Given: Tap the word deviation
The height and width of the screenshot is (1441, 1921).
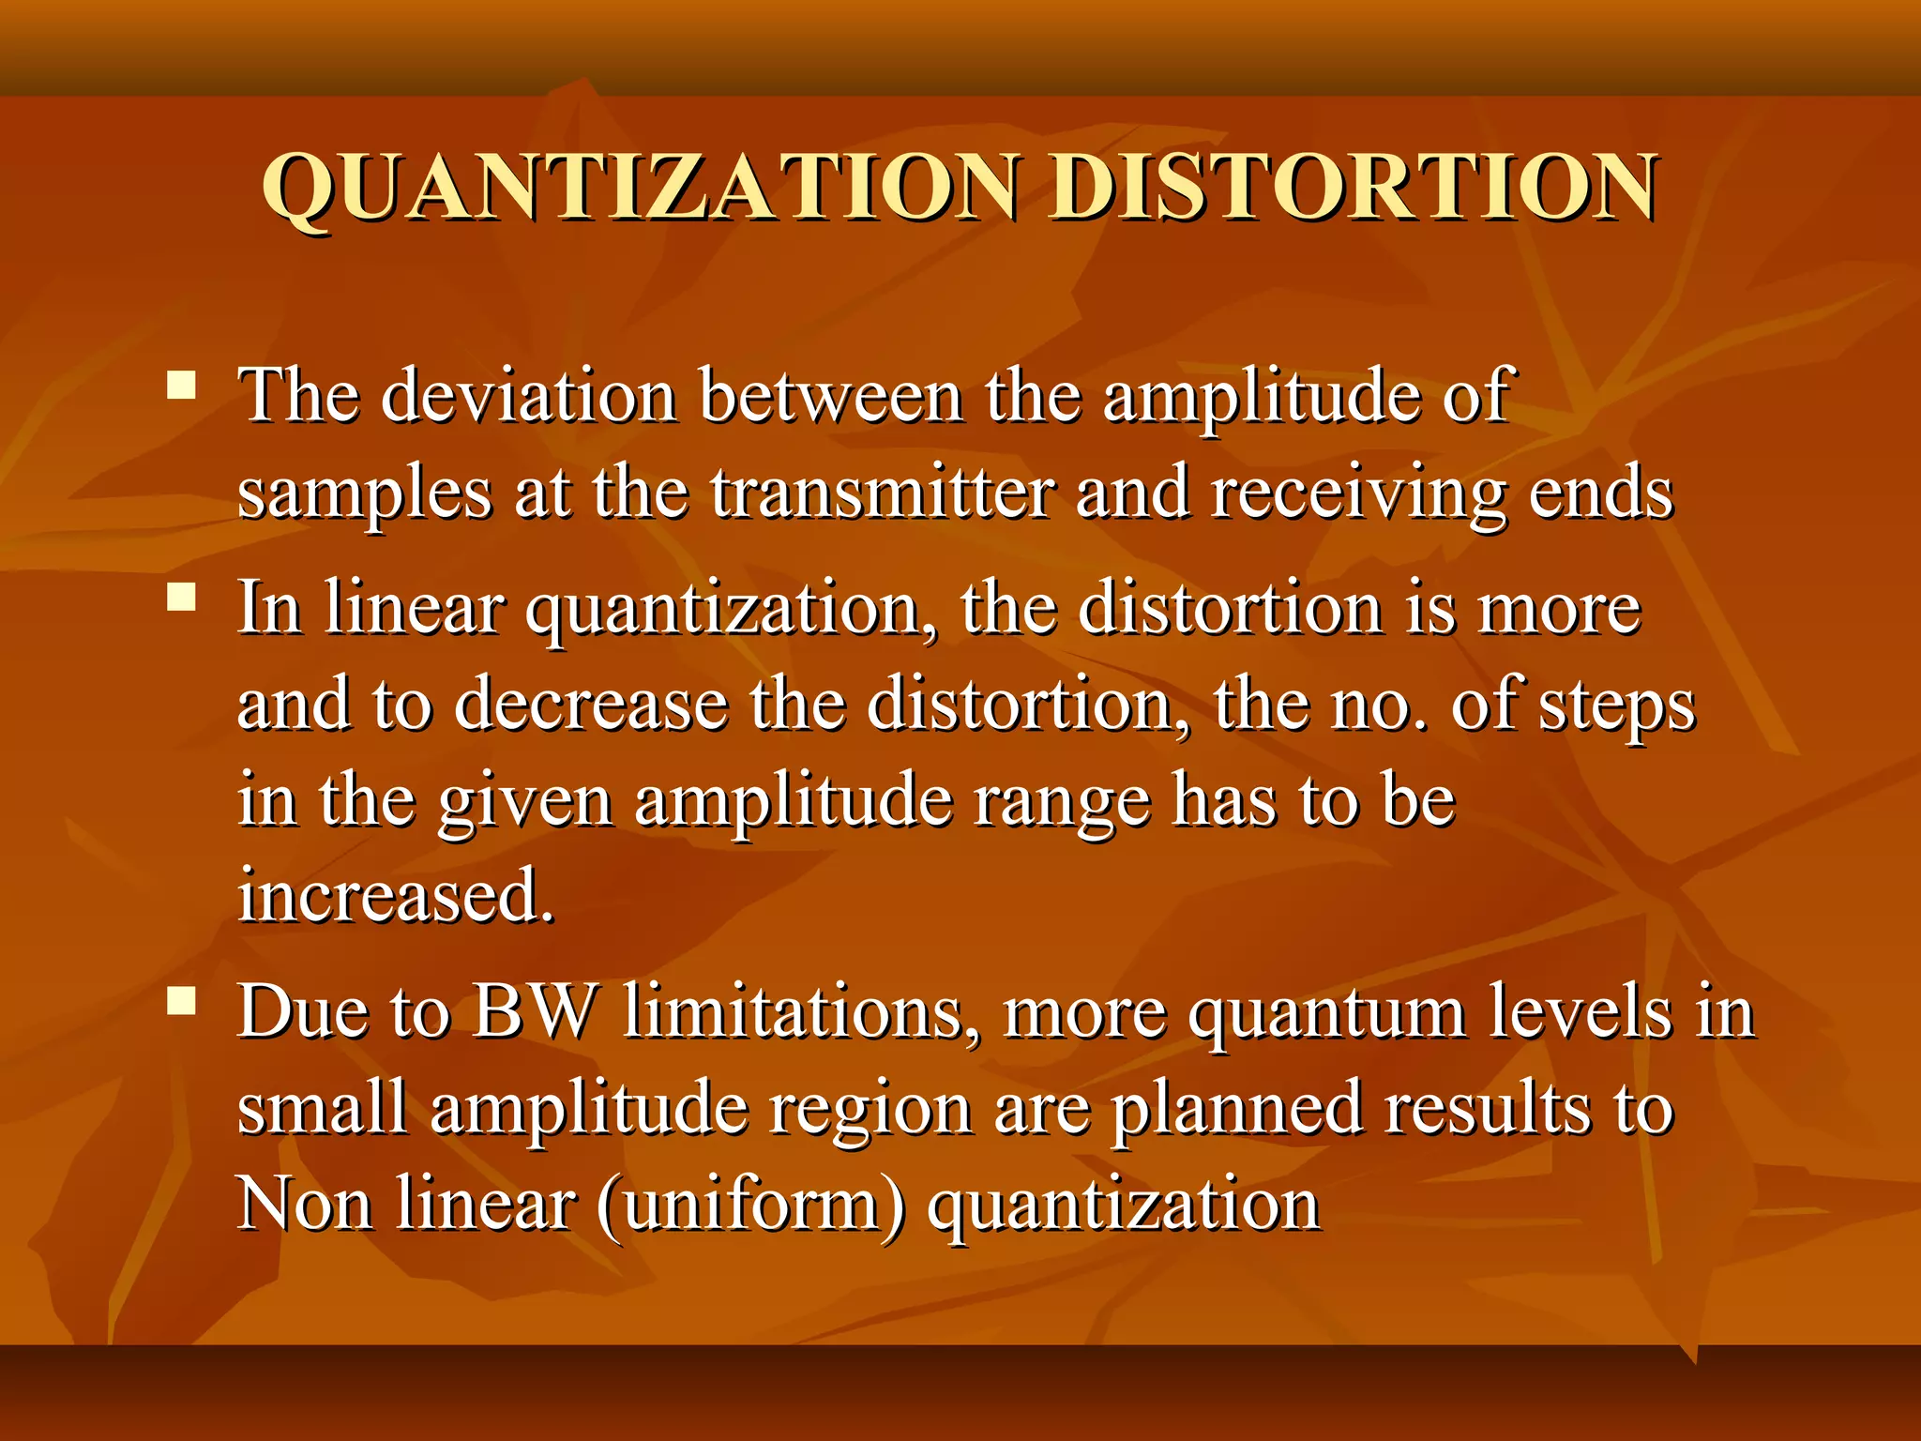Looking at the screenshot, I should [x=529, y=396].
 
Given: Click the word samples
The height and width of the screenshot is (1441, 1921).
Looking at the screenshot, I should [x=364, y=494].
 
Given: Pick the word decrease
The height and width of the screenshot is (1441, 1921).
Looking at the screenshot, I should [x=591, y=705].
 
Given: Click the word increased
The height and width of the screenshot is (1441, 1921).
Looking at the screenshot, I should [x=396, y=895].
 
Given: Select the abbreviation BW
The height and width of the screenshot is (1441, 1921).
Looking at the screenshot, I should [x=534, y=1012].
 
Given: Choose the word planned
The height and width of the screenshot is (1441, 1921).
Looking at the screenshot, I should [x=1236, y=1110].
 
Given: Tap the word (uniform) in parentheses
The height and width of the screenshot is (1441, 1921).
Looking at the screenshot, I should [x=750, y=1205].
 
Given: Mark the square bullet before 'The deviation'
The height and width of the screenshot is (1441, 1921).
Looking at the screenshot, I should [x=181, y=386].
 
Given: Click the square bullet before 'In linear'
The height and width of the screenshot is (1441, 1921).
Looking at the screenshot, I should [x=181, y=597].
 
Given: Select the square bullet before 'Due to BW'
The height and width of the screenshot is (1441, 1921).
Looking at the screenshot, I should [x=181, y=1001].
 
